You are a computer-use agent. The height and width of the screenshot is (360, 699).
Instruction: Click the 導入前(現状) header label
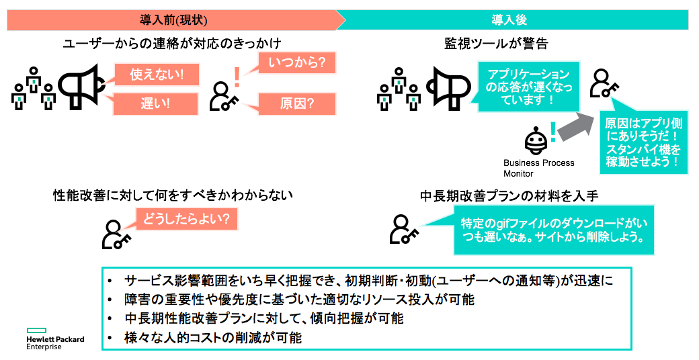(x=173, y=20)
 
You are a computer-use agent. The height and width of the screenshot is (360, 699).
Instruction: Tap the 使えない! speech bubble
(x=156, y=75)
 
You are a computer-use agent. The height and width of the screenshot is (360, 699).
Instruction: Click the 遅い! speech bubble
(x=155, y=104)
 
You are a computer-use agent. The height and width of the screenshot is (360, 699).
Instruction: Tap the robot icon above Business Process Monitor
(x=536, y=141)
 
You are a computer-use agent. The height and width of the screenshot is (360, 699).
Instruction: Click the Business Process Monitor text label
(x=538, y=169)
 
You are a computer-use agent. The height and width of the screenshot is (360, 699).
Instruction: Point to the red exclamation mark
(x=237, y=77)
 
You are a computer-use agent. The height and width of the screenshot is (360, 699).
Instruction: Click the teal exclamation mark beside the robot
(x=552, y=132)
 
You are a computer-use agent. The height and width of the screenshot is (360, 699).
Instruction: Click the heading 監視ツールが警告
(x=496, y=44)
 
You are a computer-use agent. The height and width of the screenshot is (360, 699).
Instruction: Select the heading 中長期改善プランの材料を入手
(x=509, y=196)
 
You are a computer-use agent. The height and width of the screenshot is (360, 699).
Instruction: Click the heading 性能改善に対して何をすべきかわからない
(x=173, y=195)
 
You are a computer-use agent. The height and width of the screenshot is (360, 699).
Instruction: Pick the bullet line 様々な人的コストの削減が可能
(x=213, y=338)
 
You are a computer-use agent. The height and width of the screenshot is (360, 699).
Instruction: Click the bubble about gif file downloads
(x=554, y=230)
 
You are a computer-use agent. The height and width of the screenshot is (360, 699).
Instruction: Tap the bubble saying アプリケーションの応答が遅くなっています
(x=529, y=87)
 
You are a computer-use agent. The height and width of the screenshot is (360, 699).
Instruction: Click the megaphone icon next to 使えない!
(x=82, y=87)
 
